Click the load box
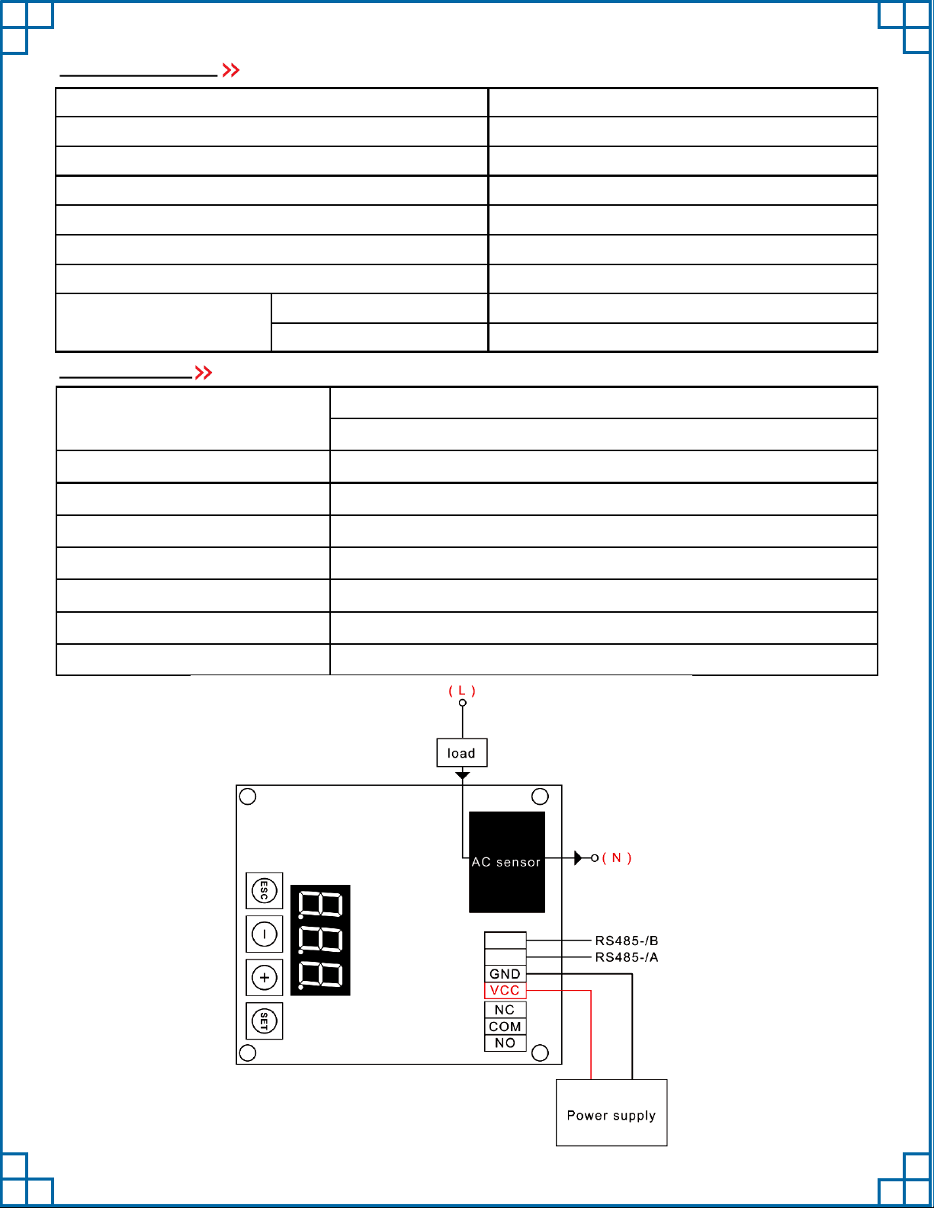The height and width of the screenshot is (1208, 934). pos(461,753)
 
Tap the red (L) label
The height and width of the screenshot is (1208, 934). pos(462,691)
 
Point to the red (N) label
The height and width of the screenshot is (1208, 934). pos(617,858)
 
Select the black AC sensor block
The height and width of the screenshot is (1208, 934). pos(507,861)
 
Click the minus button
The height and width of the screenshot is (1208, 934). pos(265,934)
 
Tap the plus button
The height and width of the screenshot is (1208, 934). pos(265,977)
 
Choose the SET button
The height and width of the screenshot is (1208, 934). pos(265,1021)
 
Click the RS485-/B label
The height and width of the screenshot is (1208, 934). pos(627,940)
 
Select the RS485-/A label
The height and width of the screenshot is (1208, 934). pos(627,957)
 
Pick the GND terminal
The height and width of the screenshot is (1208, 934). pos(505,974)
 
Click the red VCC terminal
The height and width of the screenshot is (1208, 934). pos(505,991)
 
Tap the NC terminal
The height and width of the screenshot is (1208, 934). pos(505,1010)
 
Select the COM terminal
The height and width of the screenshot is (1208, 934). pos(505,1027)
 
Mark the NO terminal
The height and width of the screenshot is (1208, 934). pos(505,1043)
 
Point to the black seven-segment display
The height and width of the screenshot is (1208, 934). pos(320,940)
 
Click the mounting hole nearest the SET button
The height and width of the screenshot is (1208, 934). pos(248,1053)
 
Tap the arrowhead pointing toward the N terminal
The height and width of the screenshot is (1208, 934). pos(578,858)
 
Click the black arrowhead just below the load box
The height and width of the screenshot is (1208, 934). pos(462,776)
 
